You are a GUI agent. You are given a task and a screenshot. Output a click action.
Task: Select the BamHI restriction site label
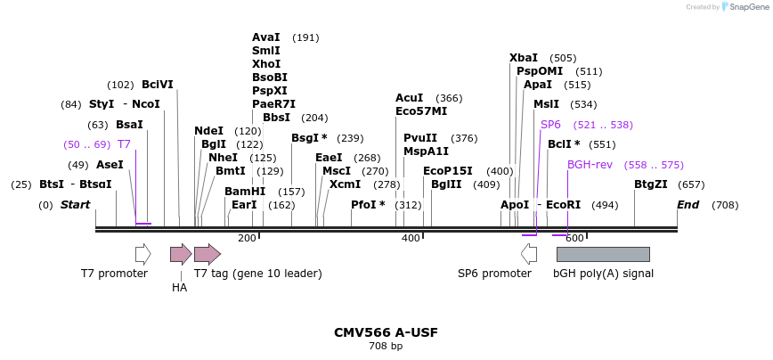tap(244, 192)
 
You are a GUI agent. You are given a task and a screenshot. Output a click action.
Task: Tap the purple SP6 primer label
tap(550, 125)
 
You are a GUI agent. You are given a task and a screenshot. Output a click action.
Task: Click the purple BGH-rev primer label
tap(590, 165)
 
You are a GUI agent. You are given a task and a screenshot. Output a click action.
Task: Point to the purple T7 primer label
tap(124, 144)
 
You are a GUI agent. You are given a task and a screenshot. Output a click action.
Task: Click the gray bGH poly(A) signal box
tap(602, 254)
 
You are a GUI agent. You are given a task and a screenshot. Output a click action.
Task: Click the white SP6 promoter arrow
tap(529, 254)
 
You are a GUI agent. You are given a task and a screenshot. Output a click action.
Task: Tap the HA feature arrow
tap(181, 254)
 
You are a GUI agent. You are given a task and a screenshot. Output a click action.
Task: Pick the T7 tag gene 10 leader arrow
tap(207, 254)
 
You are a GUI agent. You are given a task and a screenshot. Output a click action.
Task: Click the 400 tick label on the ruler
tap(411, 238)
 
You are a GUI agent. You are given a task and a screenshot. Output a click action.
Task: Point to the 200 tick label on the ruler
tap(247, 238)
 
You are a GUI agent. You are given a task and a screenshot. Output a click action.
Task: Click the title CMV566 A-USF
tap(386, 332)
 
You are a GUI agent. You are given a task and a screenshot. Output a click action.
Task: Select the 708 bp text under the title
tap(386, 347)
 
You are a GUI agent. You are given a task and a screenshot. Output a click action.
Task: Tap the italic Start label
tap(75, 205)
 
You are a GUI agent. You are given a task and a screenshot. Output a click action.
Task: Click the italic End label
tap(688, 205)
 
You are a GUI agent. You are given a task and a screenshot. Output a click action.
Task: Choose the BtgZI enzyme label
tap(650, 184)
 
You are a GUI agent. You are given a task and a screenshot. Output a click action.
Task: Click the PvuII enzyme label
tap(420, 138)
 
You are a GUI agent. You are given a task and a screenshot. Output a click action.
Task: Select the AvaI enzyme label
tap(266, 37)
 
